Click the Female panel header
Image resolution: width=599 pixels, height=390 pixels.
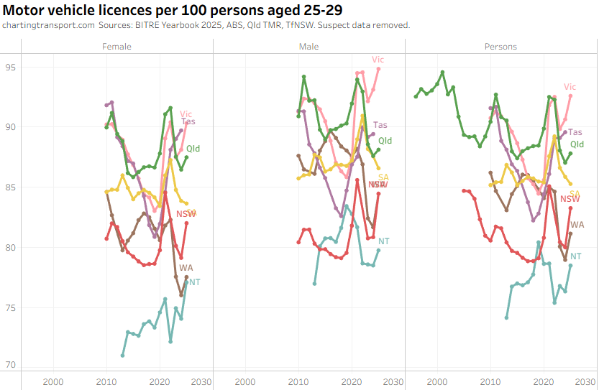pyautogui.click(x=117, y=47)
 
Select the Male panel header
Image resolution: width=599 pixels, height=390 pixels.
pyautogui.click(x=309, y=47)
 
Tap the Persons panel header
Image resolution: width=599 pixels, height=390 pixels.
pyautogui.click(x=501, y=47)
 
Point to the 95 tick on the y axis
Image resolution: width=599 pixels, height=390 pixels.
pyautogui.click(x=10, y=68)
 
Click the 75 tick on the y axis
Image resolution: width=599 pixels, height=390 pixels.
pyautogui.click(x=10, y=307)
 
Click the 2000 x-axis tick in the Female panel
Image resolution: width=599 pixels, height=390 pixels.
pyautogui.click(x=53, y=381)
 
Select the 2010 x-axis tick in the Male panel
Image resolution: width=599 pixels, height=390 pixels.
pyautogui.click(x=298, y=381)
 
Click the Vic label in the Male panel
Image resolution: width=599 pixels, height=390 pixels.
pyautogui.click(x=378, y=60)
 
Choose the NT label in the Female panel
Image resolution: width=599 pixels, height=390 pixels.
pyautogui.click(x=195, y=282)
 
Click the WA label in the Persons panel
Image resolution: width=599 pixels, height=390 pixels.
pyautogui.click(x=577, y=225)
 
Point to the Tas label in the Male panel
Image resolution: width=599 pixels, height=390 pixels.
pyautogui.click(x=380, y=125)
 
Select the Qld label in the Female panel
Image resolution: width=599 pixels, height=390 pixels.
pyautogui.click(x=193, y=149)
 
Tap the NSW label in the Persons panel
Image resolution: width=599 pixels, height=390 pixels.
pyautogui.click(x=570, y=199)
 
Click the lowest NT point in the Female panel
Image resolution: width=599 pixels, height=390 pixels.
pyautogui.click(x=122, y=356)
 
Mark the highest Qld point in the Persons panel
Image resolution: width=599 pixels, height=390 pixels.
pyautogui.click(x=442, y=72)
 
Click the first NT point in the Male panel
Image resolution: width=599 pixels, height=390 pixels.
pyautogui.click(x=314, y=284)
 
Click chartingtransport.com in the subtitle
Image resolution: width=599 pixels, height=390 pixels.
pyautogui.click(x=48, y=25)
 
